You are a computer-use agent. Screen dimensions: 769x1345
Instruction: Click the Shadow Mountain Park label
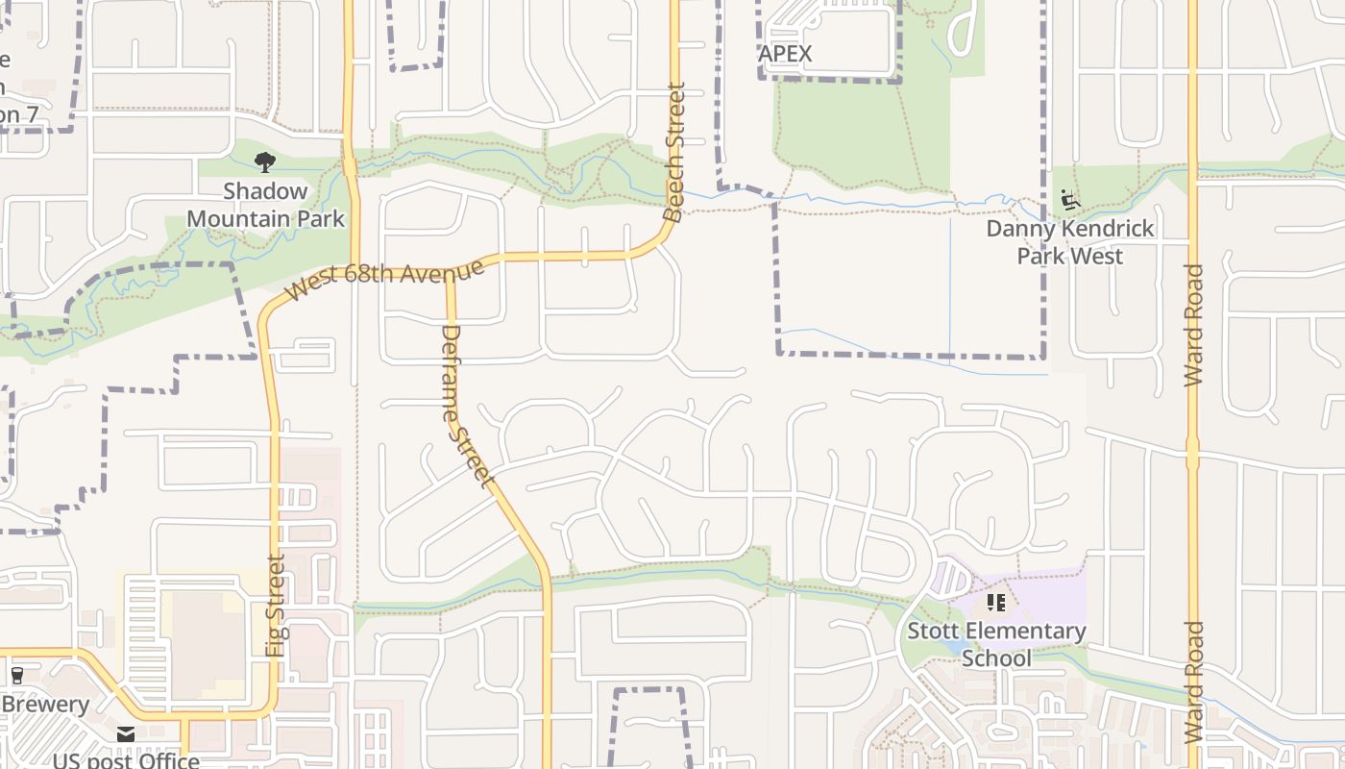coord(265,205)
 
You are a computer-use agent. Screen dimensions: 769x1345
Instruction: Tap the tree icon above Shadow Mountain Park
coord(264,161)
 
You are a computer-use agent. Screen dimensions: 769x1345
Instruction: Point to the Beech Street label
coord(675,153)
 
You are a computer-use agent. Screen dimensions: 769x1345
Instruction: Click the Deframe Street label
coord(467,405)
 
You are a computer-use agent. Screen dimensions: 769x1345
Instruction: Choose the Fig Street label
coord(276,606)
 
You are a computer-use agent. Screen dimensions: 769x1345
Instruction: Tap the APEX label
coord(785,54)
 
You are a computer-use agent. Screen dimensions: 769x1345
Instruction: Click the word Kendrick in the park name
coord(1104,230)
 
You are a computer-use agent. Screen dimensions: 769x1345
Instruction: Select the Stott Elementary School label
coord(996,644)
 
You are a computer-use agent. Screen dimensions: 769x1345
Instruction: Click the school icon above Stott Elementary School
coord(996,603)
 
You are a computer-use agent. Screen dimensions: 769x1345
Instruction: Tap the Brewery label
coord(45,704)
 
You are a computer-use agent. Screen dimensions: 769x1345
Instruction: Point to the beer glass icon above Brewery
coord(16,675)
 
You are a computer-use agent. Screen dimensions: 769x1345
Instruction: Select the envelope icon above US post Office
coord(126,734)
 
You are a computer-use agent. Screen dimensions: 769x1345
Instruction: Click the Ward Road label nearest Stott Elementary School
coord(1193,682)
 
